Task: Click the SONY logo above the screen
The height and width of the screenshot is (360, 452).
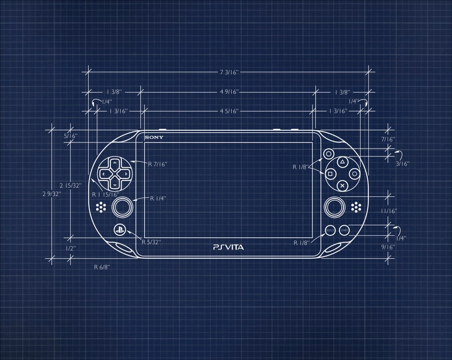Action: click(154, 138)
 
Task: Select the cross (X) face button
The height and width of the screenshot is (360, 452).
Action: click(342, 185)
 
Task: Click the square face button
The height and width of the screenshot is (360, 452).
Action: click(330, 173)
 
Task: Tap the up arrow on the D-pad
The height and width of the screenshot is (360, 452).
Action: click(114, 163)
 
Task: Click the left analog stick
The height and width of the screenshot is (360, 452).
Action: click(122, 208)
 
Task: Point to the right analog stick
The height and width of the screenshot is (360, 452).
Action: click(334, 208)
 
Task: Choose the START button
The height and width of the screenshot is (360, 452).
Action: click(344, 230)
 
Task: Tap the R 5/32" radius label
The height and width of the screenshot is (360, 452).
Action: click(151, 242)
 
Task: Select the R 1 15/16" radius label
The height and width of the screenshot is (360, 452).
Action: click(105, 195)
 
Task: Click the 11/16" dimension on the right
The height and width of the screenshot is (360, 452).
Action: click(389, 211)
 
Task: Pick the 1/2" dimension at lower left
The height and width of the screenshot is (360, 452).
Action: click(71, 248)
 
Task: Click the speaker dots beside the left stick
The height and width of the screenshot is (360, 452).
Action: click(101, 207)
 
